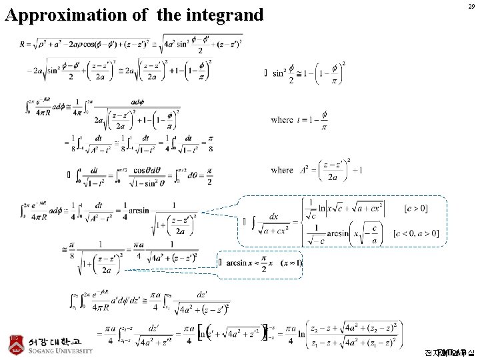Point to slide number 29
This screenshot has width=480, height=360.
(x=471, y=6)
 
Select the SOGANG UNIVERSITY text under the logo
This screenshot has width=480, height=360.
(x=59, y=352)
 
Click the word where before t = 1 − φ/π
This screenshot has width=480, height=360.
(x=282, y=119)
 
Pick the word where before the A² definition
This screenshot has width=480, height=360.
(x=282, y=170)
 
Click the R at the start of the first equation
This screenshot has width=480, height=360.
(x=24, y=45)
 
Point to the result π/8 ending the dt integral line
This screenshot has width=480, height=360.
(x=210, y=144)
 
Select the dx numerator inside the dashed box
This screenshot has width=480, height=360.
(x=274, y=217)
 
